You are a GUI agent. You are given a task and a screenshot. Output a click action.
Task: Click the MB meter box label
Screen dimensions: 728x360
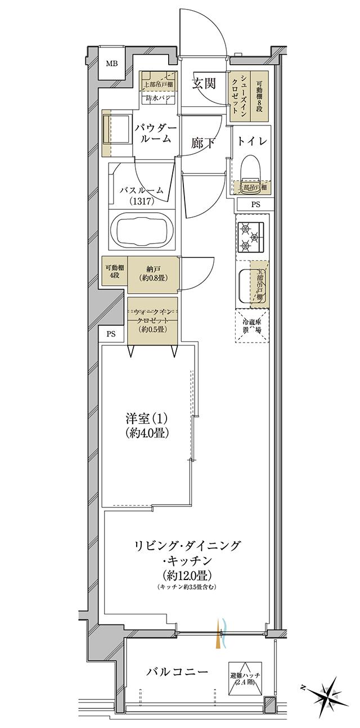coord(112,63)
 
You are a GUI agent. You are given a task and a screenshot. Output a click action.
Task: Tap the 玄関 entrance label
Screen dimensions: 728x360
coord(203,84)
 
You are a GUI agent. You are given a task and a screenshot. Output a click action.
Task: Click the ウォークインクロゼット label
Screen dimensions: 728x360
coord(152,320)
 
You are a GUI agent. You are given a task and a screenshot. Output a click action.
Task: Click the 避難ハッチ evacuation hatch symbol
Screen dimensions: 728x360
coord(242,677)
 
